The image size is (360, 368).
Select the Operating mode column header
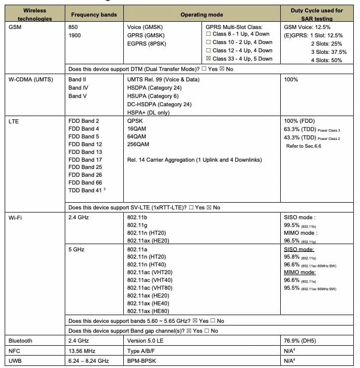point(201,15)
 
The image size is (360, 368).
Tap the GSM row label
point(16,26)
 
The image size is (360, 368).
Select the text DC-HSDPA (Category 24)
point(159,104)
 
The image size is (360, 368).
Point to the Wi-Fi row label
point(16,218)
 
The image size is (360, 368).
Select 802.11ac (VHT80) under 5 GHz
point(150,288)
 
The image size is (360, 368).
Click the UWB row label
point(16,360)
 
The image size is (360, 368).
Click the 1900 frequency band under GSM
point(75,35)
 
